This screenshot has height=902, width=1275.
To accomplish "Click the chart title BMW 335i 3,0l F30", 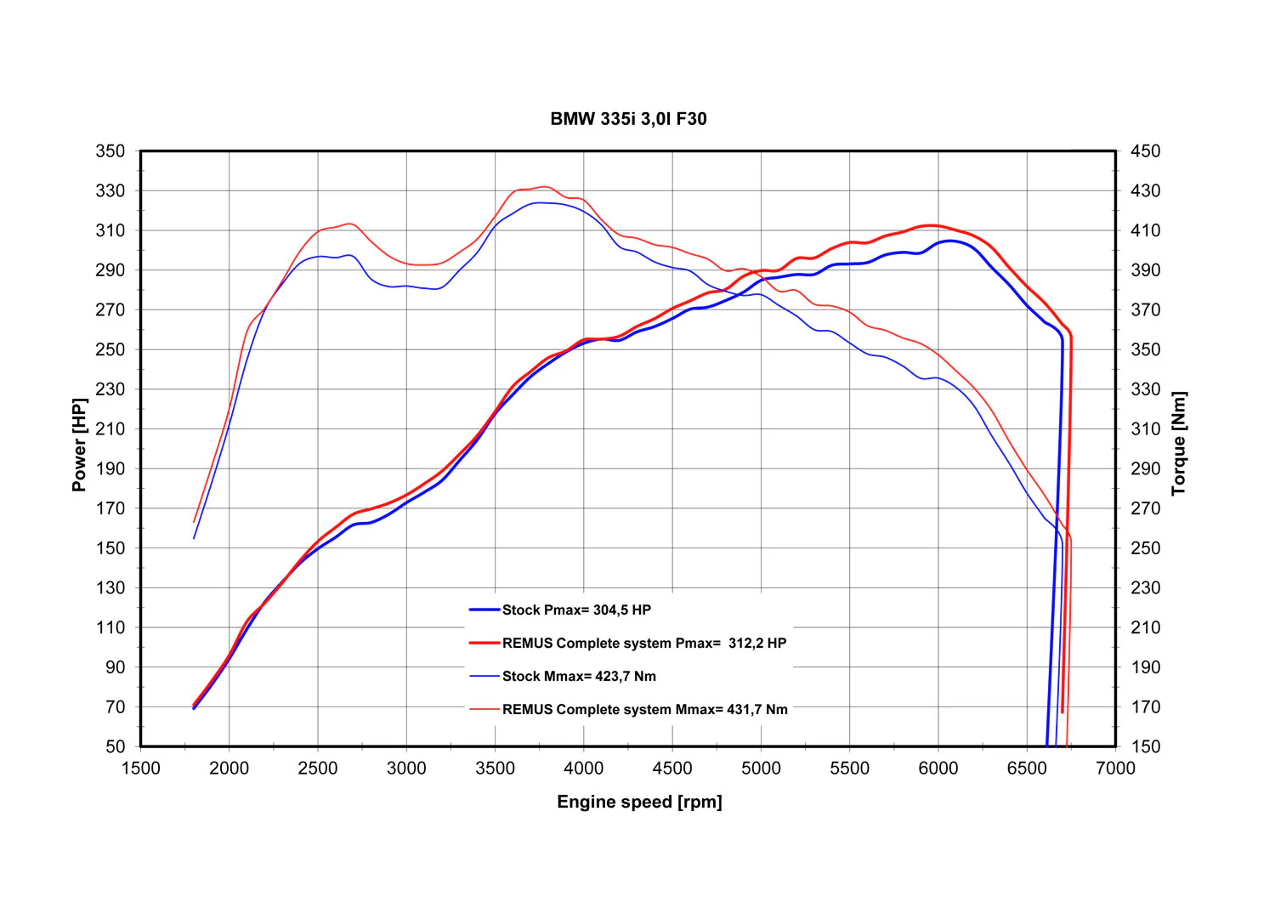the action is point(628,119).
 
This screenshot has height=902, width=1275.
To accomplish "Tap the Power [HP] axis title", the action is point(80,445).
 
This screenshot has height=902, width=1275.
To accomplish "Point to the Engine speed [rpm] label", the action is point(639,802).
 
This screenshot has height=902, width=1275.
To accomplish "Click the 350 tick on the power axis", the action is point(110,151).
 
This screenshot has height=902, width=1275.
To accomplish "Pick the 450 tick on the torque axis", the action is point(1145,151).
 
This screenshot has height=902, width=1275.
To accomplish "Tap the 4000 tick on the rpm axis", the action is point(583,769).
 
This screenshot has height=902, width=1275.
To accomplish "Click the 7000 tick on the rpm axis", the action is point(1115,769).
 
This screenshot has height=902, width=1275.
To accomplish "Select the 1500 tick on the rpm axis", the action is point(140,769).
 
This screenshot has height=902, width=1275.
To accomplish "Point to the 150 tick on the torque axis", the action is point(1145,746).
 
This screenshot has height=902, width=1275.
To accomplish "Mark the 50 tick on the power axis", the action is point(115,746).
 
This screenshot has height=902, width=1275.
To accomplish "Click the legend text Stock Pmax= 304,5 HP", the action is point(576,610).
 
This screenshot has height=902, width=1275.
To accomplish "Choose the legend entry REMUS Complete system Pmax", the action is point(644,644).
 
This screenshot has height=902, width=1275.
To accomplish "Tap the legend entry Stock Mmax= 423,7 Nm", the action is point(579,677).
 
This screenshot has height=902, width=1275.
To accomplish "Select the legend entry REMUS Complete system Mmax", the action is point(645,710).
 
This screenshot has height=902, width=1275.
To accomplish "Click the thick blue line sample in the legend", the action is point(484,610).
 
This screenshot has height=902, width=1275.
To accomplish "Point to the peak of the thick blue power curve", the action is point(949,241).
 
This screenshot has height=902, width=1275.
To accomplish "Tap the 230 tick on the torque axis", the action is point(1145,587).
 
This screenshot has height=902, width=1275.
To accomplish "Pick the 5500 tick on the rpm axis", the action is point(850,769).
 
